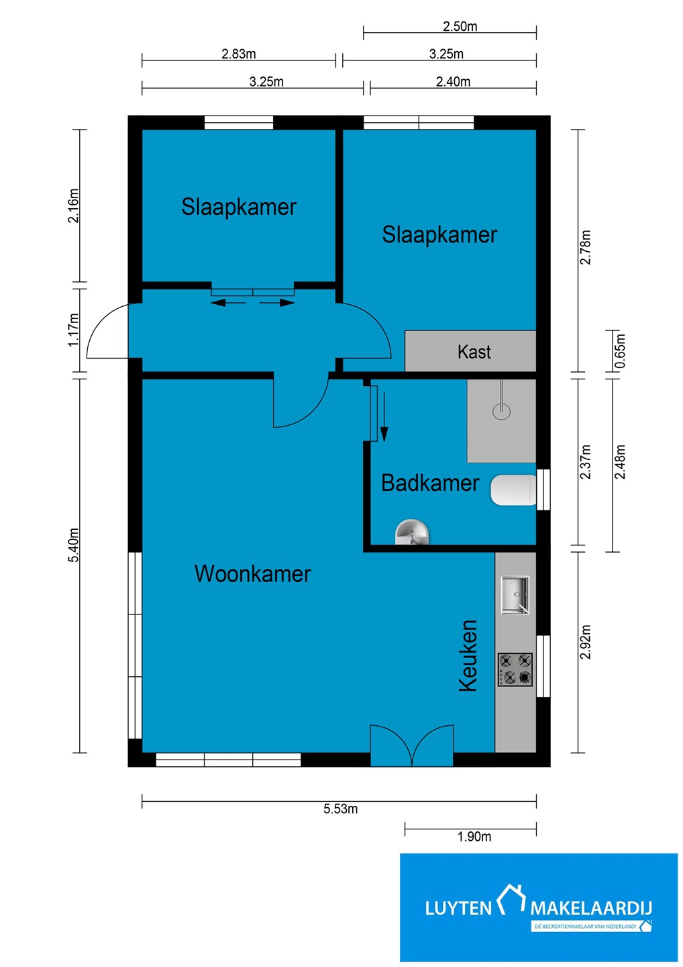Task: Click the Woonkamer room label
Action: [252, 574]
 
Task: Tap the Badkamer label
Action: [430, 483]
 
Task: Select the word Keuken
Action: [468, 655]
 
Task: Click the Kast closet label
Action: [474, 352]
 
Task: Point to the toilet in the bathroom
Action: [513, 490]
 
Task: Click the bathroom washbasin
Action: [412, 533]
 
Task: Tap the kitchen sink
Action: [515, 595]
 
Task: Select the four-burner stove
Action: [515, 670]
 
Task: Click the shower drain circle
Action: [501, 411]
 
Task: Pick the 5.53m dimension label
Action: [341, 809]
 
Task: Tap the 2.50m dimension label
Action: [460, 26]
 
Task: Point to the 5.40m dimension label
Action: [73, 545]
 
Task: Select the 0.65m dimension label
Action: [620, 351]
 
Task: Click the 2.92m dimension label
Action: [586, 642]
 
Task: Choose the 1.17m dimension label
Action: [73, 329]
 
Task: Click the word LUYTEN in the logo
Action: [458, 909]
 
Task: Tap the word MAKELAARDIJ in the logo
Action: [591, 909]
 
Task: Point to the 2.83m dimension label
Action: [238, 54]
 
